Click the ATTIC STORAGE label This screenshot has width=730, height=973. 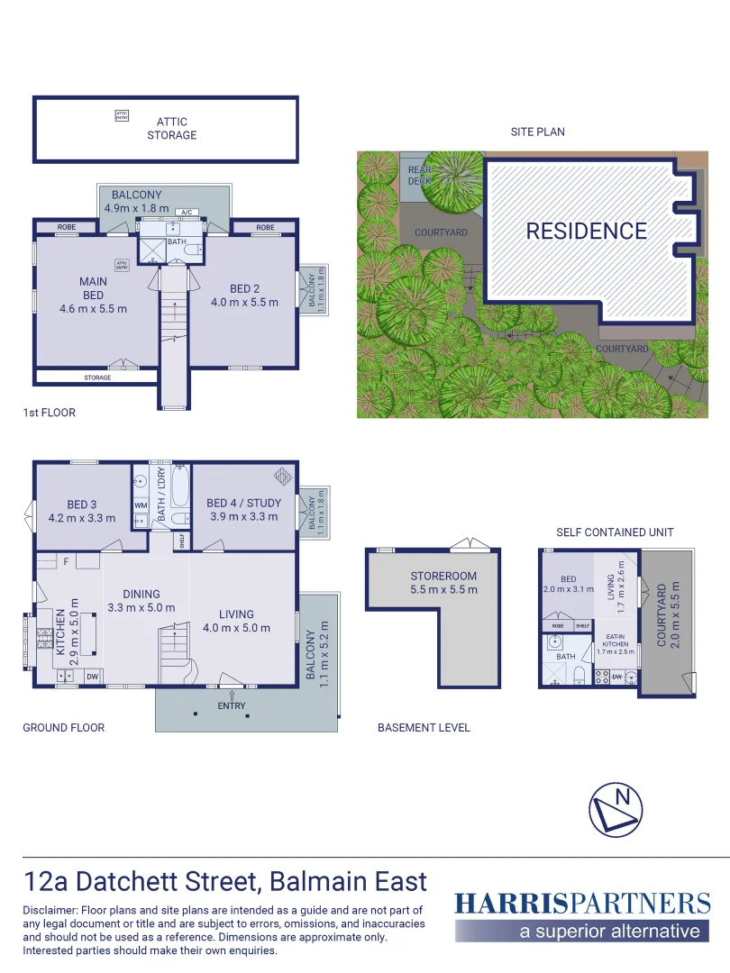click(x=171, y=128)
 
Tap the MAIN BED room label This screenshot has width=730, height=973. click(x=93, y=288)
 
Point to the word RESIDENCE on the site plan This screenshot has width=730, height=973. click(x=587, y=232)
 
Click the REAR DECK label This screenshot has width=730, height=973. click(x=420, y=175)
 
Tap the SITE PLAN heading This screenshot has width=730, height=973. click(x=538, y=132)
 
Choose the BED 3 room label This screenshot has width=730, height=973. click(x=81, y=504)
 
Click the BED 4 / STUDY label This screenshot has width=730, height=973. click(x=243, y=503)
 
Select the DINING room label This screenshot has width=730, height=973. click(x=141, y=594)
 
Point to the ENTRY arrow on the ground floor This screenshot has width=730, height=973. click(x=232, y=695)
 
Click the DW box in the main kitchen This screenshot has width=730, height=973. click(x=92, y=676)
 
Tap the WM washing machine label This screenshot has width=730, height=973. click(x=141, y=505)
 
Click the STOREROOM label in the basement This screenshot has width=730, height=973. click(x=443, y=576)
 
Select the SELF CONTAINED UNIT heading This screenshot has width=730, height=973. click(x=615, y=532)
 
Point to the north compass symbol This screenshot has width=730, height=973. click(x=616, y=809)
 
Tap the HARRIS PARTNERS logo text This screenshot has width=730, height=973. click(x=582, y=904)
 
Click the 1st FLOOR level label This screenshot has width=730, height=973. click(x=50, y=413)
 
